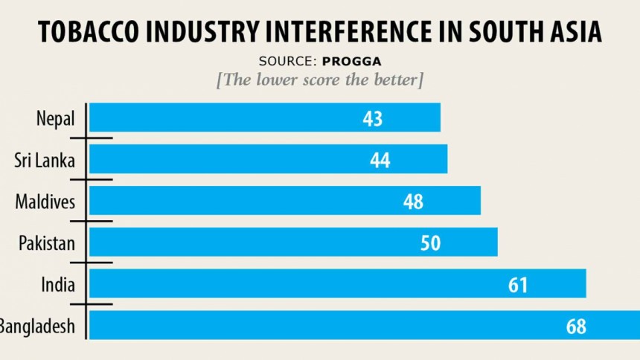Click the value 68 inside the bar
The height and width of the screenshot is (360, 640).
pos(575,326)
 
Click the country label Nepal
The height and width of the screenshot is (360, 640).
pos(54,118)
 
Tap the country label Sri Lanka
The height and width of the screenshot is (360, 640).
pos(45,160)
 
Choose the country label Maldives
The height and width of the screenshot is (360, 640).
pos(45,202)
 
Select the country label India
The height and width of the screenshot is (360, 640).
pos(60,284)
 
